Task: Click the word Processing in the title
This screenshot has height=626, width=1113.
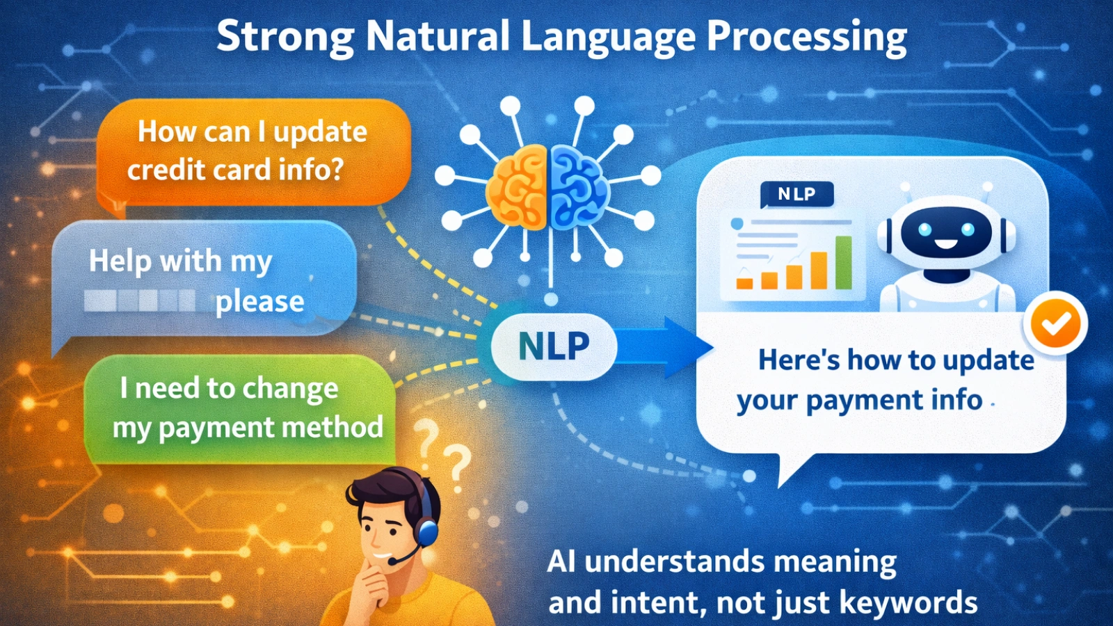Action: [x=807, y=38]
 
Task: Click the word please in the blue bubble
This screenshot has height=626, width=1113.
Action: [x=259, y=302]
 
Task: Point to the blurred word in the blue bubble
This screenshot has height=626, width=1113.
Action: [x=140, y=301]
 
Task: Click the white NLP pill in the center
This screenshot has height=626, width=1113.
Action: [x=554, y=346]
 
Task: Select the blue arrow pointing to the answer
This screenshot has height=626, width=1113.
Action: [x=668, y=347]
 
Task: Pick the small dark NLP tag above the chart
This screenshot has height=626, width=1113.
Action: [x=796, y=194]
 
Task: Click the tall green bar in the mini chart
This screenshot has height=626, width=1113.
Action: [x=843, y=262]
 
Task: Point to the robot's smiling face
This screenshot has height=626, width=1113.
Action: [x=946, y=233]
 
